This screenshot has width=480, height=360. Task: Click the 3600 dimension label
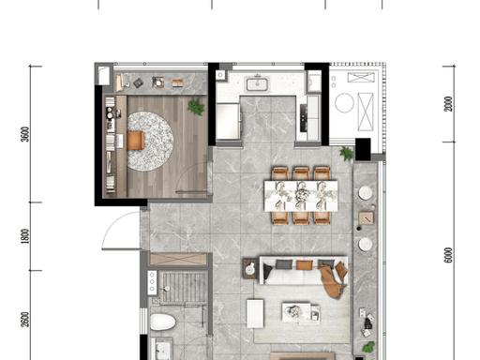pyautogui.click(x=25, y=134)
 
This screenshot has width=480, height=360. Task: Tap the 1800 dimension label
pyautogui.click(x=25, y=236)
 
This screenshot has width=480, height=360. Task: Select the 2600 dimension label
pyautogui.click(x=25, y=320)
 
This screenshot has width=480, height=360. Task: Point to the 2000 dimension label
pyautogui.click(x=448, y=104)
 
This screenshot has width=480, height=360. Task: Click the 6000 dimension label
pyautogui.click(x=448, y=255)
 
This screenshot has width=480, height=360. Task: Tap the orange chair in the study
pyautogui.click(x=136, y=141)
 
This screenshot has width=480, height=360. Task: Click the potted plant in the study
pyautogui.click(x=196, y=107)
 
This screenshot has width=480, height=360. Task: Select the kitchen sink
pyautogui.click(x=257, y=84)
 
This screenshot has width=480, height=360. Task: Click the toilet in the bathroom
pyautogui.click(x=163, y=322)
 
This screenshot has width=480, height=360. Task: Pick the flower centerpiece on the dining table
pyautogui.click(x=302, y=195)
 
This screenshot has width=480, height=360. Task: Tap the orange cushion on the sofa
pyautogui.click(x=305, y=264)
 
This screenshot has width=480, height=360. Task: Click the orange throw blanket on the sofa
pyautogui.click(x=333, y=280)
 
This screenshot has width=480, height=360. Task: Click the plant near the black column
pyautogui.click(x=347, y=154)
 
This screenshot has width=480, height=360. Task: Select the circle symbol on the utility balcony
pyautogui.click(x=344, y=103)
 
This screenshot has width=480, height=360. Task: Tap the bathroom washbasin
pyautogui.click(x=163, y=350)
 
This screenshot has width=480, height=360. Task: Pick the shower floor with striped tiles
pyautogui.click(x=184, y=287)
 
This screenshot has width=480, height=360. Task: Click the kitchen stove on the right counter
pyautogui.click(x=304, y=118)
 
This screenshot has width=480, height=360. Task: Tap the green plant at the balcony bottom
pyautogui.click(x=368, y=347)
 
